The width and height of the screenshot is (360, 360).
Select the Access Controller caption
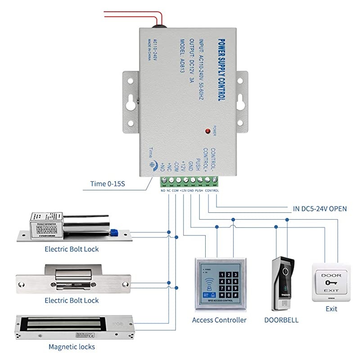click(x=219, y=320)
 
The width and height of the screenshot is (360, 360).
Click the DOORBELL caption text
click(x=282, y=320)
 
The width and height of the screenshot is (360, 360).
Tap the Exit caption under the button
click(x=331, y=309)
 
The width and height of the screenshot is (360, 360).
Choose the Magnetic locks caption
click(x=72, y=347)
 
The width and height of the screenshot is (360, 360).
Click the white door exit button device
click(x=331, y=283)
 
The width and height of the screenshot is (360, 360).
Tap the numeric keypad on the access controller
click(x=227, y=283)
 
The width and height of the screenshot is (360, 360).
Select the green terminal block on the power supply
click(x=189, y=180)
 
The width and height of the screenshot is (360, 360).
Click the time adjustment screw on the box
click(x=153, y=165)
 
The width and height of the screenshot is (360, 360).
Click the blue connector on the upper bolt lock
click(x=114, y=232)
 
